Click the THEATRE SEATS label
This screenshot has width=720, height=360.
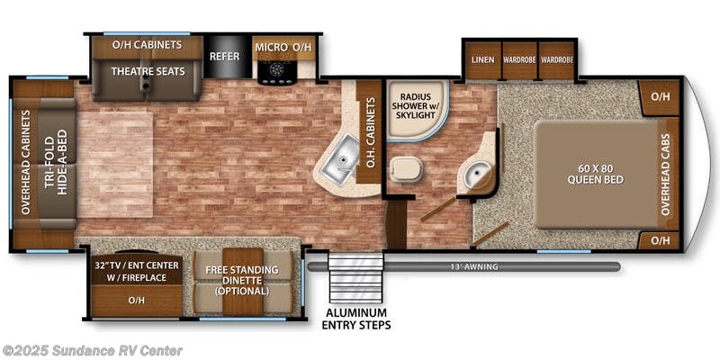tap(148, 71)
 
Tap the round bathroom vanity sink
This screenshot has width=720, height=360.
tap(473, 173)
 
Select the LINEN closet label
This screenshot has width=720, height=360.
tap(481, 60)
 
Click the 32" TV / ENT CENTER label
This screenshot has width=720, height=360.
tap(137, 271)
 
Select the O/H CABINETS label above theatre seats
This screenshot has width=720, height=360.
tap(147, 44)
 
